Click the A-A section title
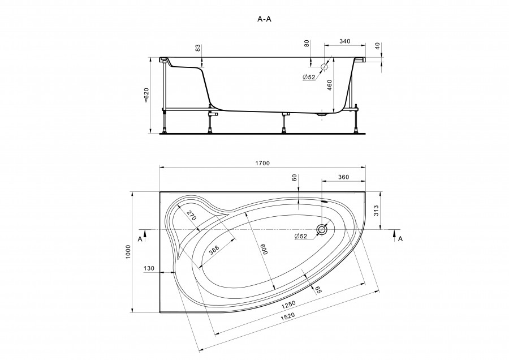tap(264, 19)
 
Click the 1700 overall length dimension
tap(262, 164)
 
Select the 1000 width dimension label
tap(128, 252)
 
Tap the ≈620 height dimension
tap(146, 95)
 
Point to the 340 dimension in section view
tap(345, 41)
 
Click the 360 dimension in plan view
tap(343, 177)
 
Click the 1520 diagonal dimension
tap(288, 316)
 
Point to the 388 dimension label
tap(214, 250)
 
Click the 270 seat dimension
tap(192, 216)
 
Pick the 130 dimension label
tap(149, 269)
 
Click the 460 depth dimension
tap(330, 85)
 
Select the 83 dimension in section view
tap(197, 49)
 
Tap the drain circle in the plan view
tap(322, 230)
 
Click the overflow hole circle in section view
tap(324, 67)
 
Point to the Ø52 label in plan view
tap(301, 237)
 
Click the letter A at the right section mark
tap(400, 239)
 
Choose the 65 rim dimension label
tap(318, 290)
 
